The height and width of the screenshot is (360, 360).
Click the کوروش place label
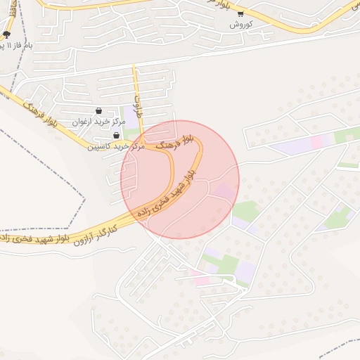pyautogui.click(x=240, y=24)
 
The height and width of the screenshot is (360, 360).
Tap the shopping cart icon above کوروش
pyautogui.click(x=240, y=13)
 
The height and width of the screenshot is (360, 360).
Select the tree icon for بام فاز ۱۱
pyautogui.click(x=7, y=34)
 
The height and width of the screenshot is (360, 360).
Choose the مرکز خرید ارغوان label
pyautogui.click(x=98, y=122)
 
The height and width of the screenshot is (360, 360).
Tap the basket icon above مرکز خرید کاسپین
pyautogui.click(x=116, y=136)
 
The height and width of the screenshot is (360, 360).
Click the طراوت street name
pyautogui.click(x=139, y=104)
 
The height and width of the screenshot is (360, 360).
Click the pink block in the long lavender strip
pyautogui.click(x=317, y=141)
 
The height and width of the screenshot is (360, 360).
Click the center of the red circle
pyautogui.click(x=180, y=180)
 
